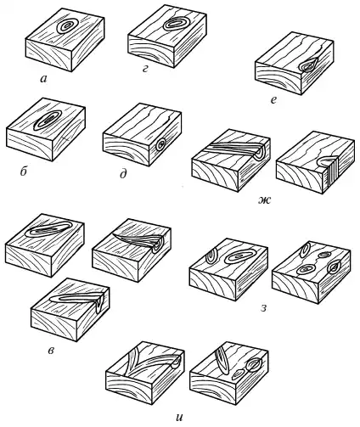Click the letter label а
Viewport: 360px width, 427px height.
coord(43,80)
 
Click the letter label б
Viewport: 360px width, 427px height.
coord(23,171)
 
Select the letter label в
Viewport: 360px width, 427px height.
coord(51,351)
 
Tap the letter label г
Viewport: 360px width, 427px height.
coord(145,69)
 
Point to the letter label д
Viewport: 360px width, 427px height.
coord(123,174)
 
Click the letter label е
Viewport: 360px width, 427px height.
coord(273,100)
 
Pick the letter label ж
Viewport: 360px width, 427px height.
coord(265,200)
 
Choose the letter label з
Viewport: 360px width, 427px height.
coord(263,308)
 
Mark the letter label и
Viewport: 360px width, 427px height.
coord(179,418)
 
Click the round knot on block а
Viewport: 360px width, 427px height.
coord(67,26)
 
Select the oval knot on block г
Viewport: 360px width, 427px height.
coord(175,23)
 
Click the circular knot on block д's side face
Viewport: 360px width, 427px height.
coord(161,145)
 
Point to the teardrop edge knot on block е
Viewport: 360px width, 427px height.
coord(308,65)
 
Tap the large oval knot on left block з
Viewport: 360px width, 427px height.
coord(239,256)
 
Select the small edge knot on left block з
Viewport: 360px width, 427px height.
coord(211,256)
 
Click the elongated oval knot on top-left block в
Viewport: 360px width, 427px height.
coord(48,229)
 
